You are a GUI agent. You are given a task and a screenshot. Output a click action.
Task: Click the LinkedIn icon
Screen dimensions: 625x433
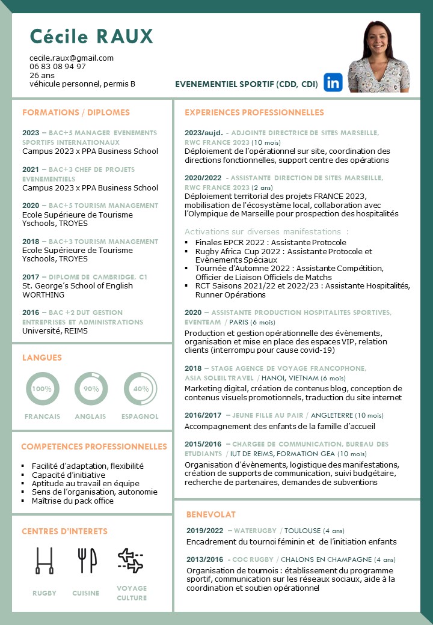pyautogui.click(x=333, y=82)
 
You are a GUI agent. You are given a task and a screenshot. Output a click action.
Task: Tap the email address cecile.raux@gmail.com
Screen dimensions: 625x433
pyautogui.click(x=72, y=58)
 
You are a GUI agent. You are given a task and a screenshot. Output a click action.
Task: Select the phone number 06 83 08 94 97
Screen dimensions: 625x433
pyautogui.click(x=58, y=67)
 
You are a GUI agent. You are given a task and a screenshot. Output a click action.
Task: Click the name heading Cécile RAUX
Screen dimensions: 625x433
pyautogui.click(x=92, y=37)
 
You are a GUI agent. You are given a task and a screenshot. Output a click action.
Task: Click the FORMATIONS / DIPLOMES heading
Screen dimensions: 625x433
pyautogui.click(x=76, y=112)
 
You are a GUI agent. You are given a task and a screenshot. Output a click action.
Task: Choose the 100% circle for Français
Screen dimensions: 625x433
pyautogui.click(x=42, y=389)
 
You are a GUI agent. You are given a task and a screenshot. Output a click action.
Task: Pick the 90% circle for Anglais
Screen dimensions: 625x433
pyautogui.click(x=91, y=389)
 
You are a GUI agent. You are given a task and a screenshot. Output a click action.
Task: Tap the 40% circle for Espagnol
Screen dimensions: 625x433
pyautogui.click(x=140, y=389)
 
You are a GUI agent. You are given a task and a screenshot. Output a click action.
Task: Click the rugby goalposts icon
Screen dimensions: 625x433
pyautogui.click(x=45, y=560)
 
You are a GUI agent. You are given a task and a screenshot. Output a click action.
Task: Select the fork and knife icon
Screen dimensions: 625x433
pyautogui.click(x=87, y=560)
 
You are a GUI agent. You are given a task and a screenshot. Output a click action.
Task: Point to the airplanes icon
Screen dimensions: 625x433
pyautogui.click(x=131, y=560)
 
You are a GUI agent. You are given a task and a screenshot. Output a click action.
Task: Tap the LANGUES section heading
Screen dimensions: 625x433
pyautogui.click(x=42, y=358)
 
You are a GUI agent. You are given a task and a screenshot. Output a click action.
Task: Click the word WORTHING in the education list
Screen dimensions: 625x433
pyautogui.click(x=43, y=295)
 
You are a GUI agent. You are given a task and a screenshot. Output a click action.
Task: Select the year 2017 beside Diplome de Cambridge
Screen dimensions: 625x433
pyautogui.click(x=31, y=277)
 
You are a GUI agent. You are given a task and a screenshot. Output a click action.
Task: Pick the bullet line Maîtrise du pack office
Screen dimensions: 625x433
pyautogui.click(x=73, y=501)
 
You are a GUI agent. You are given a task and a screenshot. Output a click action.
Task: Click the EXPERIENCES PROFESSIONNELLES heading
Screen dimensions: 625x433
pyautogui.click(x=254, y=112)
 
